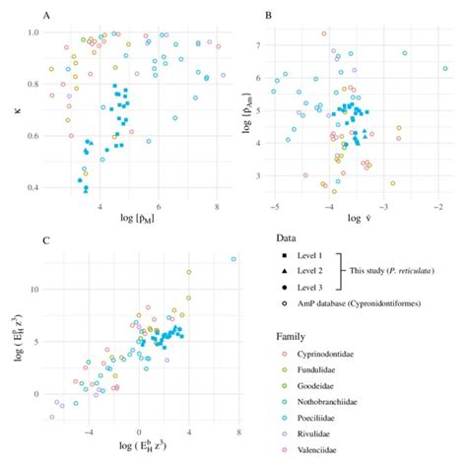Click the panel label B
pos(268,14)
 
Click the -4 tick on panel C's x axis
pos(89,432)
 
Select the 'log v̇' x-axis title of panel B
pos(361,219)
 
